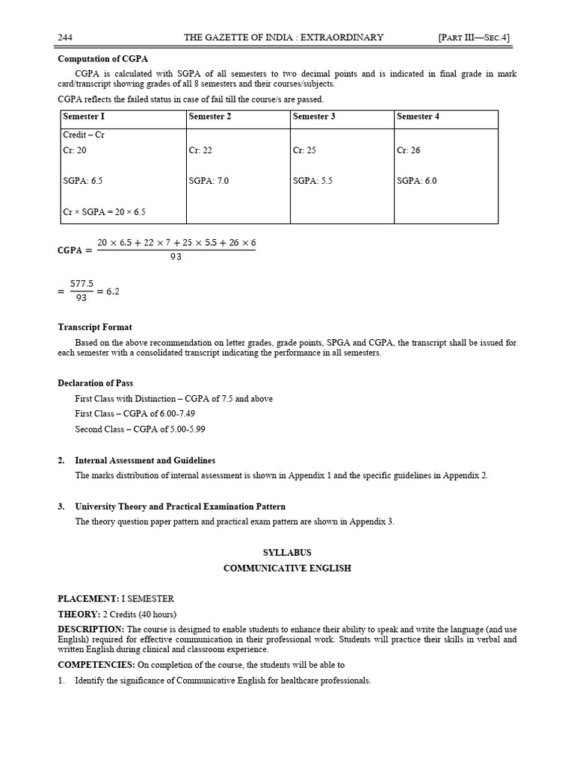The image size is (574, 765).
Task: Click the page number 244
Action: (65, 37)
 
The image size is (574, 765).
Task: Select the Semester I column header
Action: (84, 117)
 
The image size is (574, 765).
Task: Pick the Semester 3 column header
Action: (314, 117)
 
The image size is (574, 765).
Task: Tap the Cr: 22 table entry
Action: (200, 150)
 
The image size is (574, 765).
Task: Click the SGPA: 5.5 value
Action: (312, 181)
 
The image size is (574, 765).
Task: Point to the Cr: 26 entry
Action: (408, 150)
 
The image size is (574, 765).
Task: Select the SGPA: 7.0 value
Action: (209, 181)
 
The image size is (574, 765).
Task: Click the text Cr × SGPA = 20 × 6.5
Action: (104, 212)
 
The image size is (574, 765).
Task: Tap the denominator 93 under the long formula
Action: (176, 257)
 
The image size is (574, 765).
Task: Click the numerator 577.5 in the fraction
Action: (81, 284)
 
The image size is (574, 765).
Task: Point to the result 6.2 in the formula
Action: (112, 291)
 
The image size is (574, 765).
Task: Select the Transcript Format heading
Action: (95, 327)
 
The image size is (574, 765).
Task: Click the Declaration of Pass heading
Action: (96, 383)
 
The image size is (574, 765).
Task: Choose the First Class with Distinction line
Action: (173, 399)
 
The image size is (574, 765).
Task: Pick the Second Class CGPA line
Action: (140, 430)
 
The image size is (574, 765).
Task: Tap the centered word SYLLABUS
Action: (287, 553)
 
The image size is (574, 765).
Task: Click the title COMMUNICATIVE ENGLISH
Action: (287, 569)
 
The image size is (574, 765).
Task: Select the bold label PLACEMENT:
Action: (88, 599)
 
